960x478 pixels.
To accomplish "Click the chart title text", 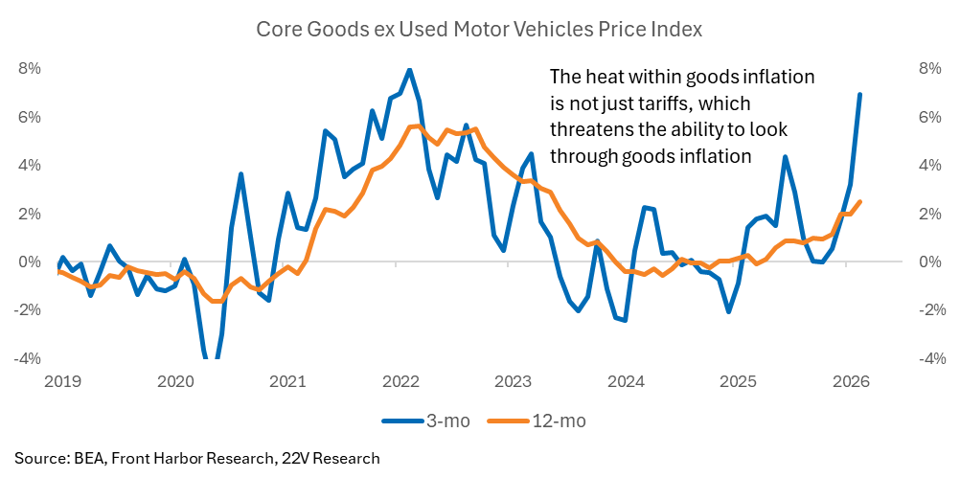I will [x=479, y=30].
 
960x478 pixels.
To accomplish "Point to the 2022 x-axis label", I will [x=400, y=382].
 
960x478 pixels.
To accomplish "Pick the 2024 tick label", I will [x=626, y=382].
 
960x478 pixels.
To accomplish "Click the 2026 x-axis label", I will [x=851, y=382].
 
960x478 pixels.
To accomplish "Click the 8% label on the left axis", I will [x=30, y=69].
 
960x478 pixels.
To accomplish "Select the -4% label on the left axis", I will [x=28, y=359].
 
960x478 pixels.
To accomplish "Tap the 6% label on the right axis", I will [x=929, y=117].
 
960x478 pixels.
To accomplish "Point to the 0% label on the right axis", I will [x=929, y=262].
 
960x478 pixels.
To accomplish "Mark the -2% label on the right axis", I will [x=927, y=310].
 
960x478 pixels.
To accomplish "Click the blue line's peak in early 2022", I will [x=410, y=70].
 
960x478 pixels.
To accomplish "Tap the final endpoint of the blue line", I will [x=859, y=94].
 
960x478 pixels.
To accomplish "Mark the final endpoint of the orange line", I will [x=859, y=201].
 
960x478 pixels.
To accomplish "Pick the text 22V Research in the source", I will [x=335, y=458].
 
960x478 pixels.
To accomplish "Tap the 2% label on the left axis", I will [x=30, y=214].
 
